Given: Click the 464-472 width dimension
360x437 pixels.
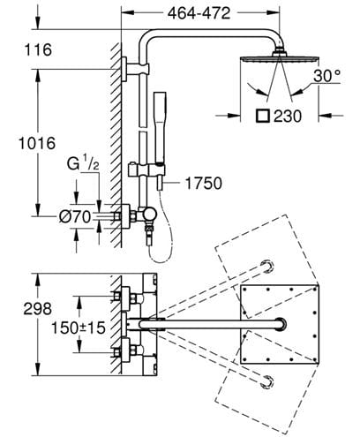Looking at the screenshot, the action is tap(199, 13).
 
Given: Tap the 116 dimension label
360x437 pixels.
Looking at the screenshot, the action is tap(38, 49).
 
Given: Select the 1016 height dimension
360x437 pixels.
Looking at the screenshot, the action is tap(37, 143).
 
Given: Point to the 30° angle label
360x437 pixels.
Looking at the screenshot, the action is tap(326, 76).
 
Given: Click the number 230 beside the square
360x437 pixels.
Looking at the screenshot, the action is tap(288, 117).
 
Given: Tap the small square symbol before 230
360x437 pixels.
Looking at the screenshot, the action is tap(263, 116).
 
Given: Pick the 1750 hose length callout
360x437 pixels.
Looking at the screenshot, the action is tap(204, 183).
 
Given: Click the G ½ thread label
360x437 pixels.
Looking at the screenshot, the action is tap(83, 163).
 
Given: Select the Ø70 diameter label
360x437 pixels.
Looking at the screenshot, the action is tap(75, 217).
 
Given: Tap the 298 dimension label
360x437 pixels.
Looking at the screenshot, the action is tap(38, 309).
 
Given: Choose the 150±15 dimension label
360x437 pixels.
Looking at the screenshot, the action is tap(79, 328).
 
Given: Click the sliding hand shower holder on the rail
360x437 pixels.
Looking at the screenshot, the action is tap(147, 170).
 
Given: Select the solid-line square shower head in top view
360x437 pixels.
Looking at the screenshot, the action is tap(280, 324).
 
